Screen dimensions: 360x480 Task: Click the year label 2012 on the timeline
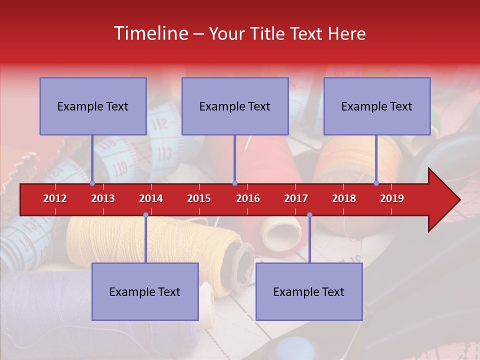(55, 198)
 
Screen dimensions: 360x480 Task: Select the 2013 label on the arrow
(103, 198)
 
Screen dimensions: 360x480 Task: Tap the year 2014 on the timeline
(151, 198)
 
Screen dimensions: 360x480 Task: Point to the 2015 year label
(199, 198)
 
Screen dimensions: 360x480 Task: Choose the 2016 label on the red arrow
(248, 198)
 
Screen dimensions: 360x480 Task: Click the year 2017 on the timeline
(296, 198)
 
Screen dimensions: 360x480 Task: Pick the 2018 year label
(344, 198)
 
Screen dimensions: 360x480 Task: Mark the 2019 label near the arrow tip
(392, 198)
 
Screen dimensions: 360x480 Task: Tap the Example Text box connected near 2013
(93, 106)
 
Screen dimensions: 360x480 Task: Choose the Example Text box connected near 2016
(235, 106)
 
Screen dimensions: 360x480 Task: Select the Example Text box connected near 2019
(377, 106)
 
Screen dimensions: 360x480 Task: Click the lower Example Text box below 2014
(145, 291)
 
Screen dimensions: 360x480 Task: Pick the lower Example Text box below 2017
(309, 291)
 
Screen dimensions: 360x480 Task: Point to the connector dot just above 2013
(92, 183)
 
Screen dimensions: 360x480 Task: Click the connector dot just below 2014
(145, 215)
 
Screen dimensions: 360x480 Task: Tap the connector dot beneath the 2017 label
(309, 215)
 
